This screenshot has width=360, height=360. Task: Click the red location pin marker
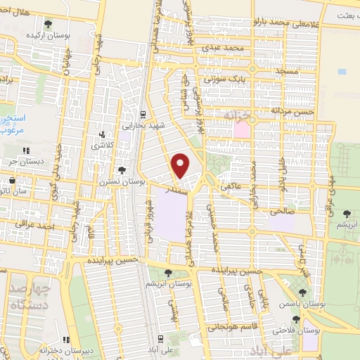[x=181, y=166]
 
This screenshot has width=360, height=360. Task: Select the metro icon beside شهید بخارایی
[x=143, y=114]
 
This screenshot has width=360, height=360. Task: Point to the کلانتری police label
[x=105, y=145]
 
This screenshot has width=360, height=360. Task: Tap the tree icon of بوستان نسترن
[x=123, y=169]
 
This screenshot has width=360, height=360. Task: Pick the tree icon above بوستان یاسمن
[x=302, y=292]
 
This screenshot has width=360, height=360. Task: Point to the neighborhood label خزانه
[x=236, y=113]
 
